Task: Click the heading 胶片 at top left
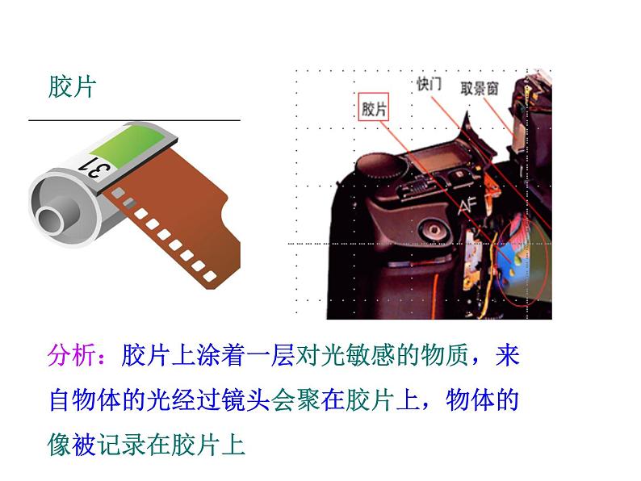point(72,87)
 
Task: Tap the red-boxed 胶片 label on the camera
point(373,108)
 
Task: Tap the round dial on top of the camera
point(379,166)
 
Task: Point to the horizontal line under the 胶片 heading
point(134,120)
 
